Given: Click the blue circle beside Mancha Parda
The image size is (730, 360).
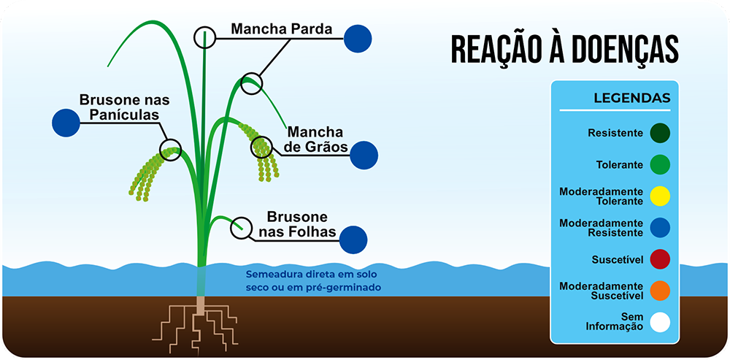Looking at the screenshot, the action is coord(358,38).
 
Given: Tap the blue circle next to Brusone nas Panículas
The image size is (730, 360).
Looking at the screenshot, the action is coord(66,123).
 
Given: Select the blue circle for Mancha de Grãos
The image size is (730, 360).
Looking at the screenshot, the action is coord(364,155).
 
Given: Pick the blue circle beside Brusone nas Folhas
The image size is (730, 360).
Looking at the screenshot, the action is coord(353,240).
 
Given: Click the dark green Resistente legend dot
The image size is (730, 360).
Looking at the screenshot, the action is coord(660,133).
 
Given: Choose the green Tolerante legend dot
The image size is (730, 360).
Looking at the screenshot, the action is coord(660,164).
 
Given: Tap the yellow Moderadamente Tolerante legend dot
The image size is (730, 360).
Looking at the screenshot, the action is coord(660,196).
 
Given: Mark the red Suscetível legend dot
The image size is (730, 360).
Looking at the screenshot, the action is coord(660,259).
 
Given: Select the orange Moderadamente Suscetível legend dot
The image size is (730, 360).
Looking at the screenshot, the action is coord(660,291).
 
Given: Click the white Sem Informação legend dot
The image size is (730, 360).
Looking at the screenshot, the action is coord(660,322).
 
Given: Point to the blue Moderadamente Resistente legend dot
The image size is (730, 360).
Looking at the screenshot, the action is coord(660,228).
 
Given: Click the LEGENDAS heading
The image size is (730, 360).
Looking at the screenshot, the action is coord(631,99).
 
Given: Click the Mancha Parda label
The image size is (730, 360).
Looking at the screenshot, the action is coord(281,29).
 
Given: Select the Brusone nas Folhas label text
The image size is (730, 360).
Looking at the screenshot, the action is coord(297,224).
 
